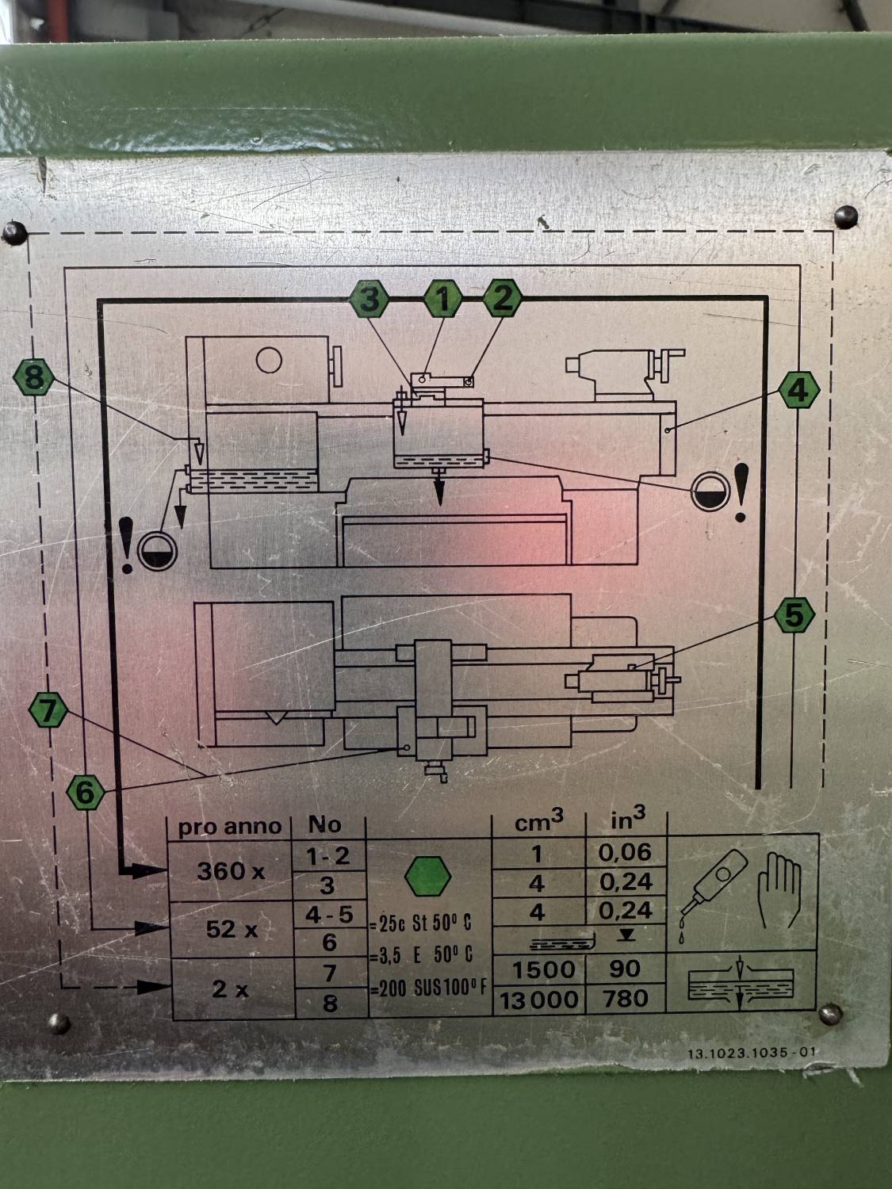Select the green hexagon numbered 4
(x=797, y=390)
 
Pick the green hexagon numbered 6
(x=85, y=791)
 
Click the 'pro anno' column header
(x=229, y=827)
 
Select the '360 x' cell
(x=231, y=871)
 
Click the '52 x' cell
(x=231, y=929)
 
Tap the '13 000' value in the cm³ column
(x=539, y=1000)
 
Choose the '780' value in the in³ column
(x=626, y=999)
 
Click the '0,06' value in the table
(x=626, y=853)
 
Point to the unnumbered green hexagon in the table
(x=428, y=875)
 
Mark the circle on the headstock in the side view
(x=270, y=361)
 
